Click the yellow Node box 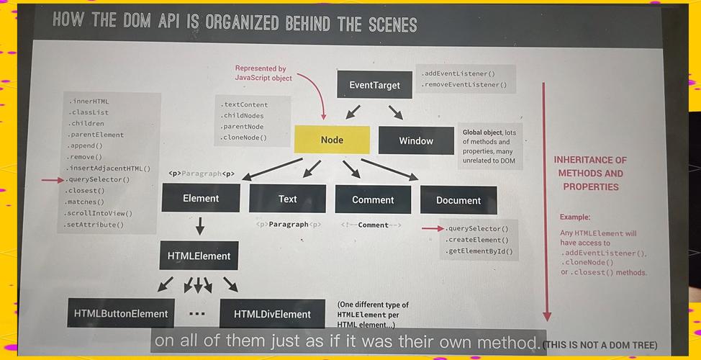[x=332, y=140]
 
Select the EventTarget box [x=374, y=84]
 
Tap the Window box [x=416, y=140]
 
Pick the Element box [x=201, y=198]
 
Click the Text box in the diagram [x=287, y=199]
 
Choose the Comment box [x=373, y=199]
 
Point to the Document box [x=458, y=200]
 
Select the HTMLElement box [x=199, y=256]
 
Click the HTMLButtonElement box [x=121, y=313]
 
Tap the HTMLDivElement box [x=272, y=314]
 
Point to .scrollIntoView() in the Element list [x=99, y=213]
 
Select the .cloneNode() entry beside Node [x=244, y=138]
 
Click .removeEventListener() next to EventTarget [x=464, y=84]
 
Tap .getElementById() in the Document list [x=479, y=251]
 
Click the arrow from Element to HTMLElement [x=200, y=226]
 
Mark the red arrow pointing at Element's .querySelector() [x=53, y=180]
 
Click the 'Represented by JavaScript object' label [x=263, y=73]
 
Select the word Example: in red [x=575, y=217]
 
